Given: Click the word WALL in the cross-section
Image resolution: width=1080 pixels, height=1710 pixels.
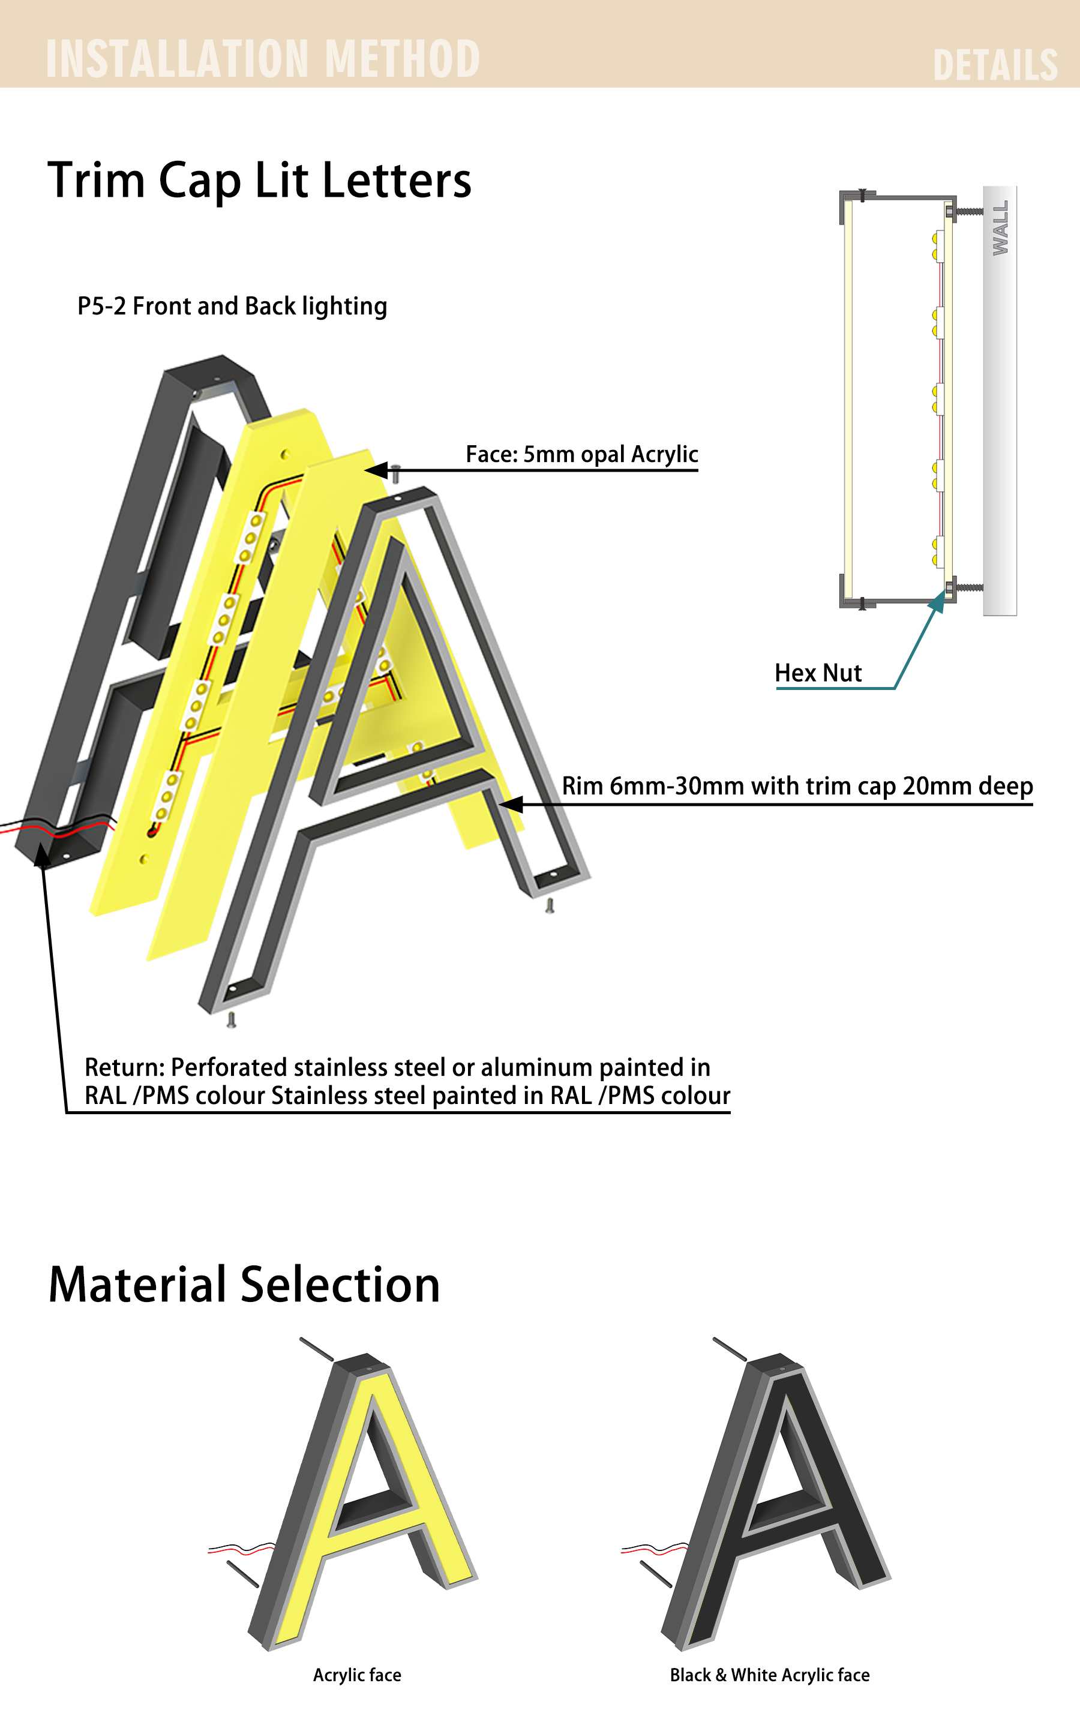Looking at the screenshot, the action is [1000, 228].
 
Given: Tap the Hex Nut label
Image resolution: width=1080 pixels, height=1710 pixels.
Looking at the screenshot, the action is [818, 673].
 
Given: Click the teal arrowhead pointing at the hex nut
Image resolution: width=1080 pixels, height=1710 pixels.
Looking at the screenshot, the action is [938, 601].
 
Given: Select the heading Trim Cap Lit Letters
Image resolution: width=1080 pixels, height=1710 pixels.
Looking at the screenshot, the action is [259, 181].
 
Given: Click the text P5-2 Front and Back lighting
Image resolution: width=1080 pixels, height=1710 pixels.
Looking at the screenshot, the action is [232, 306].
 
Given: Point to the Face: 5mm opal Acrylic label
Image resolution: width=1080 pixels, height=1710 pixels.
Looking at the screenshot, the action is [581, 454].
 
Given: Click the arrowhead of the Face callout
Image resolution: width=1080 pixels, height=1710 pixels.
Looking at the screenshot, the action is [376, 470].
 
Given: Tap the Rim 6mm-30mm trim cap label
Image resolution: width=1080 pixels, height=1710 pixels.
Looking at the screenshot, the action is [797, 786].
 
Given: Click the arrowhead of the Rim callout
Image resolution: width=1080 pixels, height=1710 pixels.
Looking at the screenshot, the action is [511, 805].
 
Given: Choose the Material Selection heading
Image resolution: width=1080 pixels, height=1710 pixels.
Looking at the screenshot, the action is [244, 1285].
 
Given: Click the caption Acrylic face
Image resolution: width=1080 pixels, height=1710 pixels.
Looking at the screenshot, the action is [357, 1675].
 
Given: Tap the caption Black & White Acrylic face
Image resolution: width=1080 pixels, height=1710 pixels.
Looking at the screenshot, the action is [770, 1675].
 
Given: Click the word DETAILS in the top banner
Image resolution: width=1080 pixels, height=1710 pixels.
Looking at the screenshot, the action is [995, 65].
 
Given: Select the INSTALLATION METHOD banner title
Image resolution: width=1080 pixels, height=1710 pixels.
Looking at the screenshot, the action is [263, 58].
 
